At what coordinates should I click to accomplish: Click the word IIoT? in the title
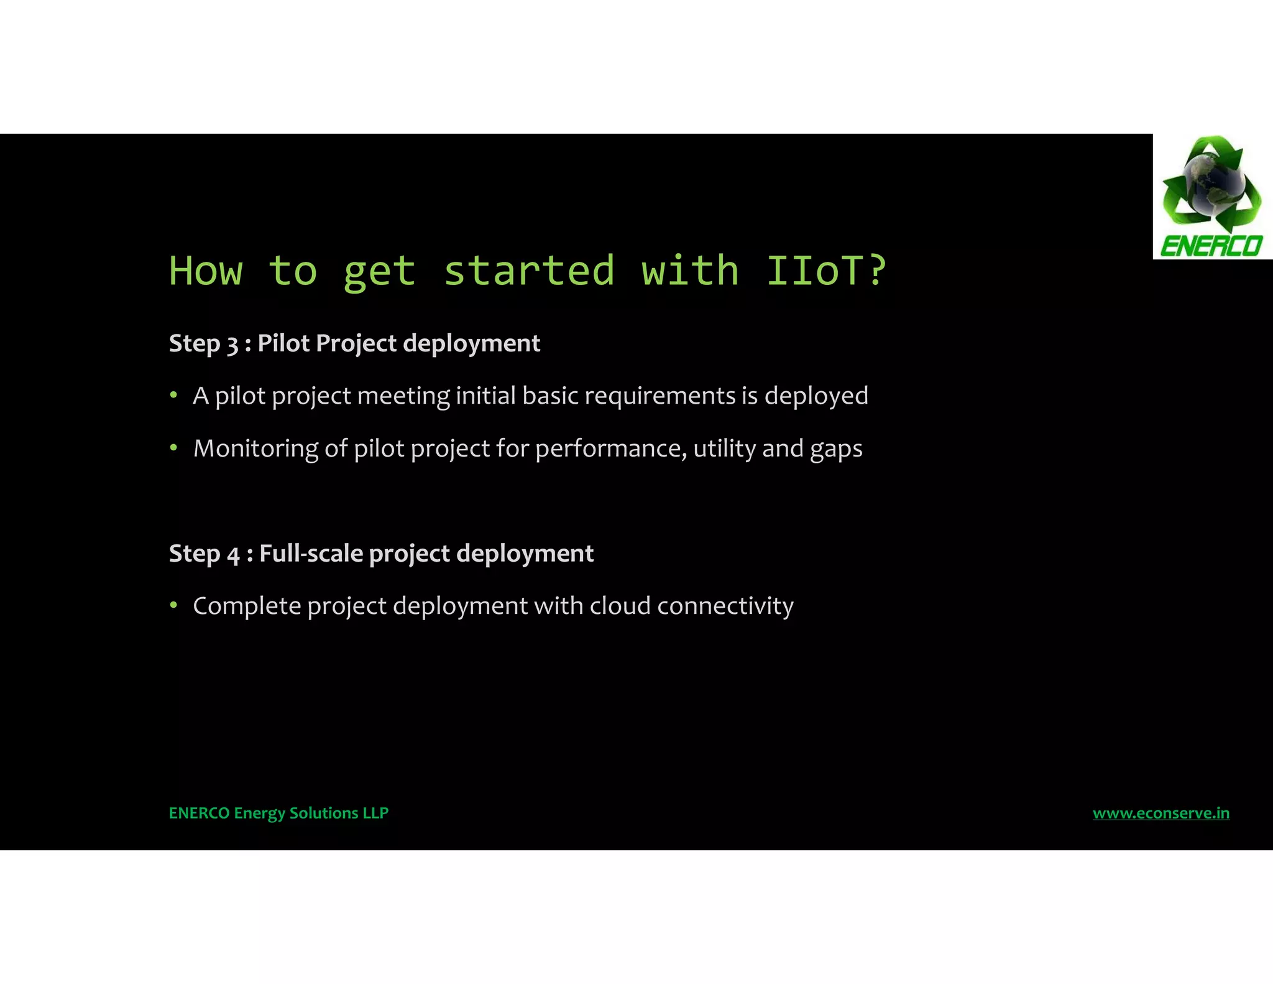coord(825,271)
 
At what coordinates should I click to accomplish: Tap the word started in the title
coord(529,271)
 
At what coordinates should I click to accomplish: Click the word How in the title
coord(206,271)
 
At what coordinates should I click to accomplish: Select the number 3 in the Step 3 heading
coord(232,345)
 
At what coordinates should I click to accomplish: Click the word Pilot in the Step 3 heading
coord(283,343)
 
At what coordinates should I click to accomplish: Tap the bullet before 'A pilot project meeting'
coord(174,396)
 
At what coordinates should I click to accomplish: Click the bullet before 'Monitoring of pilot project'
coord(174,448)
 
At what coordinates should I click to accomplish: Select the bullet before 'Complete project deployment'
coord(174,605)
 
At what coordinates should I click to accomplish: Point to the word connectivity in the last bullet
coord(725,606)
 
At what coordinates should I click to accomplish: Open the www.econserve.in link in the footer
coord(1160,813)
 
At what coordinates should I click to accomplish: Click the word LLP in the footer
coord(375,813)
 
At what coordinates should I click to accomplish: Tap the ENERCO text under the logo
coord(1211,246)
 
